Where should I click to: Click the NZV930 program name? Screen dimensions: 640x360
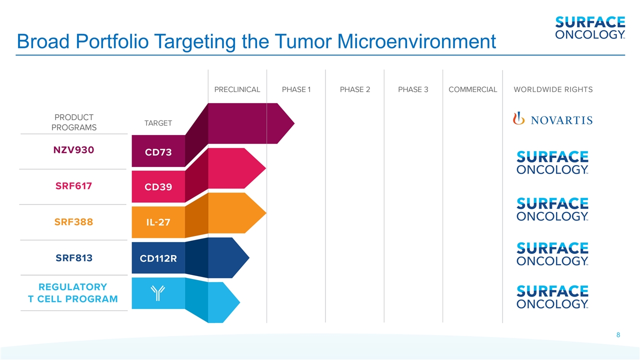(73, 150)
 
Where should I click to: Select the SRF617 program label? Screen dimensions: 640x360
(73, 186)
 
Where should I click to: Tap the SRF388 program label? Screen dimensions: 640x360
(73, 222)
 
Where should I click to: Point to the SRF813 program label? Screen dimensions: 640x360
(74, 258)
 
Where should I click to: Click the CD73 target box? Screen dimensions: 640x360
(158, 151)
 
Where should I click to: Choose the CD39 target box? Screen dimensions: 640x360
(158, 186)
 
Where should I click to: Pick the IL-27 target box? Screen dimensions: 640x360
(158, 222)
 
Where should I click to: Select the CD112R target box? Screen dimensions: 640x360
(158, 258)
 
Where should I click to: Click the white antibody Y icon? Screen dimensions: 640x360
(157, 293)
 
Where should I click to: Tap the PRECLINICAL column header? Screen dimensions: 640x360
(237, 89)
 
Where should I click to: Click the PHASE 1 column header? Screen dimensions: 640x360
(296, 89)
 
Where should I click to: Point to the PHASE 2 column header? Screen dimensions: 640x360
(355, 89)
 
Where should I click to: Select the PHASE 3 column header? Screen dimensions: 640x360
(413, 89)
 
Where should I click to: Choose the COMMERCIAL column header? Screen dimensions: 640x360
(473, 89)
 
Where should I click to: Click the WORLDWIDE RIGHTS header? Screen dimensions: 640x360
(553, 89)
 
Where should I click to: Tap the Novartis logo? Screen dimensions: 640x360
(552, 119)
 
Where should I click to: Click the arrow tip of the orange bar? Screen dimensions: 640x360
(266, 213)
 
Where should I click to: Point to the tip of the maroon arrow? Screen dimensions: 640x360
(294, 123)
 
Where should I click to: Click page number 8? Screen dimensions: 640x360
(618, 335)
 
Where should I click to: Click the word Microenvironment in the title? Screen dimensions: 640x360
(416, 41)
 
